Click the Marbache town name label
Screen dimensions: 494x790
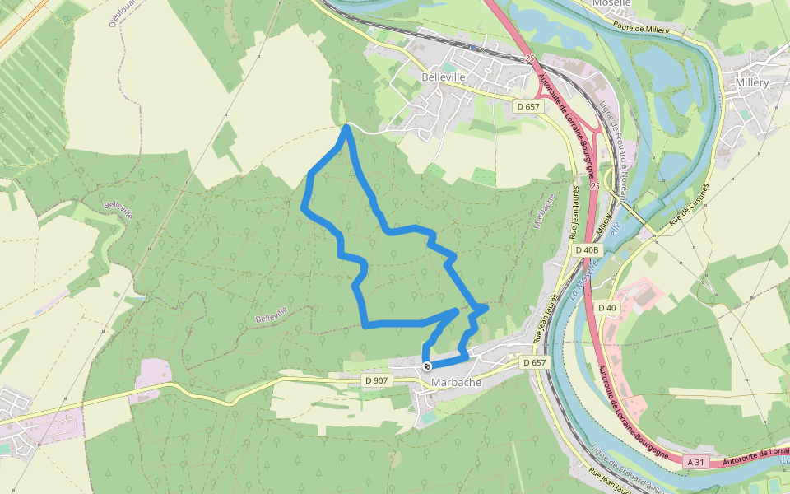click(x=454, y=382)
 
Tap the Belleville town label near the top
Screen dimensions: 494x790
click(x=444, y=77)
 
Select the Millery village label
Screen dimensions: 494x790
click(x=752, y=83)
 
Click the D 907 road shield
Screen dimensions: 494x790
click(x=375, y=380)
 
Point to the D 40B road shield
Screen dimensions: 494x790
click(x=588, y=249)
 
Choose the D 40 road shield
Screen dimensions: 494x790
click(x=606, y=308)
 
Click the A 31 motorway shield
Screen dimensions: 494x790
click(x=696, y=463)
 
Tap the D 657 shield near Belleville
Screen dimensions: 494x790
click(x=527, y=107)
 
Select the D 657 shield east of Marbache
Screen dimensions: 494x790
click(x=534, y=362)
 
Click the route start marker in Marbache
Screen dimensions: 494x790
click(x=426, y=366)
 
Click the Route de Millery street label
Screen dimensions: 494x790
click(x=658, y=29)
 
